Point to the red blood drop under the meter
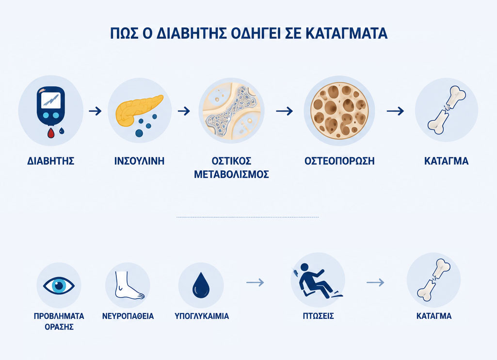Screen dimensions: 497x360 click(x=51, y=133)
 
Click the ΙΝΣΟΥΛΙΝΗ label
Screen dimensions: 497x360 click(x=140, y=161)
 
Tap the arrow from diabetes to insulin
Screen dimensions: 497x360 click(x=95, y=111)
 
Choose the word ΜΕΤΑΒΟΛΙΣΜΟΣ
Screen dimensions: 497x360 click(x=231, y=175)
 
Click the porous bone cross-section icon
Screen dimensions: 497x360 click(x=339, y=111)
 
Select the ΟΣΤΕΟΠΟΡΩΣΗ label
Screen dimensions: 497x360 click(x=339, y=161)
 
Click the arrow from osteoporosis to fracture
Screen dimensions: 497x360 click(x=395, y=111)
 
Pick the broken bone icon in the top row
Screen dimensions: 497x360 click(x=446, y=110)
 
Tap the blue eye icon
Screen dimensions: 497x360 click(x=59, y=285)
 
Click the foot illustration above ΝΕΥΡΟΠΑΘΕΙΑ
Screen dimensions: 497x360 click(x=128, y=285)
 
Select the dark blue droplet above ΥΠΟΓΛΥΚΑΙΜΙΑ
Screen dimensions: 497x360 click(x=201, y=285)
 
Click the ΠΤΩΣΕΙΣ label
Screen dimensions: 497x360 click(x=318, y=316)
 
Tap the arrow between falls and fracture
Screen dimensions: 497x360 click(x=375, y=282)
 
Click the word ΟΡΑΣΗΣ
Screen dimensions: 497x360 click(x=59, y=327)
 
